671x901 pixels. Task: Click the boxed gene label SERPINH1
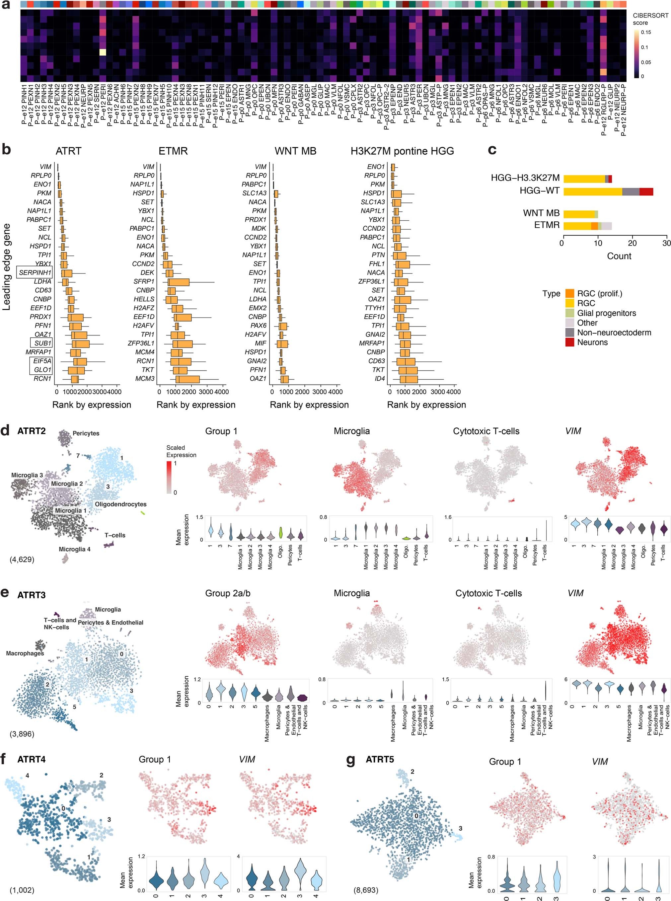[35, 272]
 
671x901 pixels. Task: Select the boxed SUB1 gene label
[42, 343]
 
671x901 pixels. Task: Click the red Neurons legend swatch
[569, 342]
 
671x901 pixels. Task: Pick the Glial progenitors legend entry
[606, 313]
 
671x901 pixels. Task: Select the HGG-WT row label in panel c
[539, 190]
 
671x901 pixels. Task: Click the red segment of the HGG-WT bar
[646, 192]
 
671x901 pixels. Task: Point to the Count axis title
[619, 256]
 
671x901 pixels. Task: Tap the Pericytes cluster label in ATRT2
[86, 433]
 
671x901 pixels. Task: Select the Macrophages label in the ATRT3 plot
[25, 653]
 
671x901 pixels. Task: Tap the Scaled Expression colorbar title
[181, 451]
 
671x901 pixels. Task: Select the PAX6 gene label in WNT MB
[258, 325]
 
